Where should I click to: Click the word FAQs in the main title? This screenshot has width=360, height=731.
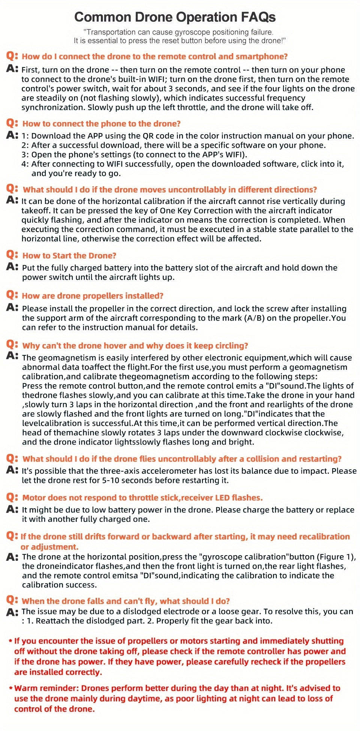tap(256, 17)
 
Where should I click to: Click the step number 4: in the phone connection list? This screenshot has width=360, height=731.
tap(25, 164)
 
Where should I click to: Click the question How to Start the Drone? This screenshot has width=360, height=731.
tap(69, 256)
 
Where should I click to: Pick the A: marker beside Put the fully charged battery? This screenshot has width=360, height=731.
tap(12, 267)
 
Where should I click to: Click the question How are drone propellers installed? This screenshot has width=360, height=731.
tap(93, 296)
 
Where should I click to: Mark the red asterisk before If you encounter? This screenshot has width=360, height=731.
tap(10, 641)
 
